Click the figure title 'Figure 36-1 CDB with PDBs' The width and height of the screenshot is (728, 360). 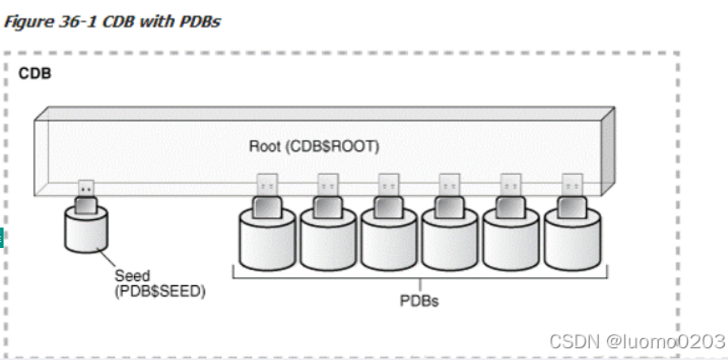click(112, 21)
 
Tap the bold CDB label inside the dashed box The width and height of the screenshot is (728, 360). click(35, 73)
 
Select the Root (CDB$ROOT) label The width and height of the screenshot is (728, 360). click(314, 146)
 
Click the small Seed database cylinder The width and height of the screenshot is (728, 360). click(86, 230)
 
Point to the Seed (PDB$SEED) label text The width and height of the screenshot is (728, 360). click(160, 284)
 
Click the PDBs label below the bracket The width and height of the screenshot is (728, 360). click(419, 301)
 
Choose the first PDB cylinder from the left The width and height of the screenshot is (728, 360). click(267, 240)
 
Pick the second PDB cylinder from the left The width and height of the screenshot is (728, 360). click(328, 240)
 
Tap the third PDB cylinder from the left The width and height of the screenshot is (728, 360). click(389, 240)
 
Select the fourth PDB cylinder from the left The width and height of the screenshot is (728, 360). click(450, 240)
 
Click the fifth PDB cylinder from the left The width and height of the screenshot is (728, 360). click(511, 240)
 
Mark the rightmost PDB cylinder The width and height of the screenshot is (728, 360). click(572, 240)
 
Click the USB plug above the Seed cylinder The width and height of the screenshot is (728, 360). click(86, 197)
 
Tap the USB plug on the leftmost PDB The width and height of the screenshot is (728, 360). click(267, 196)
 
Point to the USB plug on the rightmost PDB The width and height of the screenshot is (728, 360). click(572, 196)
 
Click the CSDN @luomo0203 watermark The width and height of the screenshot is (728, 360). click(637, 341)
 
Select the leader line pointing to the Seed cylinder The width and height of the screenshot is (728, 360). click(106, 258)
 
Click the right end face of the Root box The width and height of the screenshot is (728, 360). click(609, 151)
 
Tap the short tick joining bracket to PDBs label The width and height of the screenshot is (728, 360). click(420, 285)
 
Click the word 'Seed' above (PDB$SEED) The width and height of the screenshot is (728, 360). click(132, 275)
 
